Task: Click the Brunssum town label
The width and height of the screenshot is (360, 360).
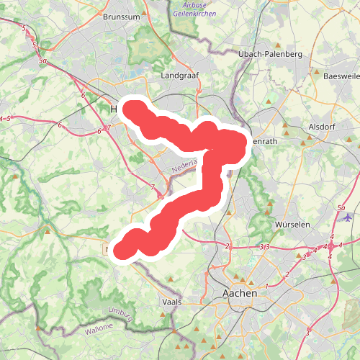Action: click(120, 16)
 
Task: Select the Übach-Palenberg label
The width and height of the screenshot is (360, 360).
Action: click(269, 54)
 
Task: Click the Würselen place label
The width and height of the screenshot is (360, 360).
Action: click(292, 225)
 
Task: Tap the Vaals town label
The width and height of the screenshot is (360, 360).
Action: click(173, 302)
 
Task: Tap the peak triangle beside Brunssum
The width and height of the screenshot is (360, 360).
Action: click(144, 14)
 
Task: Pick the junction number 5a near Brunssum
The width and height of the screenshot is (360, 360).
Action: click(43, 62)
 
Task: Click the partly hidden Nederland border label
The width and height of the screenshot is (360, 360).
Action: click(184, 168)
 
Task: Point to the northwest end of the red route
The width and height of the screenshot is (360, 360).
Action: click(133, 109)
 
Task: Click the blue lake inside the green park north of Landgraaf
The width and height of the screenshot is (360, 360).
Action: click(151, 42)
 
